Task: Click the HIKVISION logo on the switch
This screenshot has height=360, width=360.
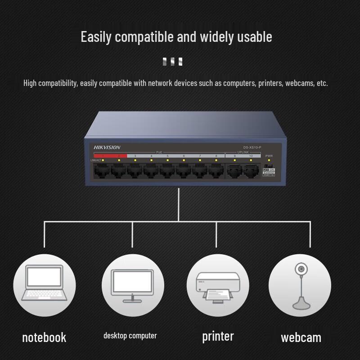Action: coord(107,148)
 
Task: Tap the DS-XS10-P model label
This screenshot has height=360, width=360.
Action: coord(252,148)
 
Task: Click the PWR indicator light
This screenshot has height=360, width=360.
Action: coord(269,161)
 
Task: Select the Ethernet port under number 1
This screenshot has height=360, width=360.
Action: coord(102,170)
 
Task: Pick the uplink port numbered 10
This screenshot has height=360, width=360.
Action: coord(251,170)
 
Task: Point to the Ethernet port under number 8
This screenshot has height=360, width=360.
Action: coord(216,170)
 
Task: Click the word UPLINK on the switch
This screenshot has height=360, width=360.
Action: coord(243,153)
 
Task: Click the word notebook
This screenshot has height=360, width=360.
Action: coord(44,337)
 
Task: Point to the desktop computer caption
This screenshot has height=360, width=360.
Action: coord(130,336)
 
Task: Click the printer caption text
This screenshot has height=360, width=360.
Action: coord(218,336)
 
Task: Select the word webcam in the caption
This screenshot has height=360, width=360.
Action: coord(301,337)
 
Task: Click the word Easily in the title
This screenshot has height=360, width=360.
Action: coord(95,37)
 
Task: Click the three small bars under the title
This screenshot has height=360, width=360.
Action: coord(172,62)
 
